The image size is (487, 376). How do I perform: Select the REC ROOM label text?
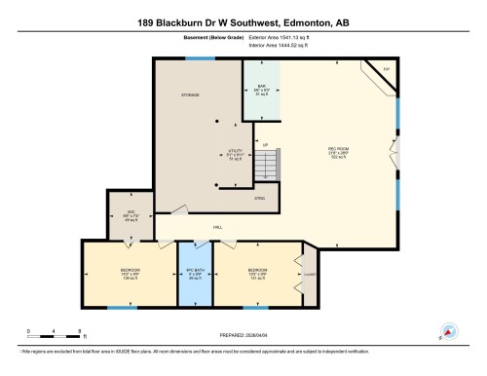(x=338, y=148)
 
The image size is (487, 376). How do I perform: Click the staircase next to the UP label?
(x=268, y=167)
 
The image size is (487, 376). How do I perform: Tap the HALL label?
(x=217, y=227)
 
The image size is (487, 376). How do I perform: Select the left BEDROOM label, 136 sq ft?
(x=131, y=272)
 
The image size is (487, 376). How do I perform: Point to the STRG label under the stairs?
(x=259, y=199)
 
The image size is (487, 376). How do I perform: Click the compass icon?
(x=449, y=330)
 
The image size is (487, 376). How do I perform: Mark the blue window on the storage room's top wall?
(x=200, y=58)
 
